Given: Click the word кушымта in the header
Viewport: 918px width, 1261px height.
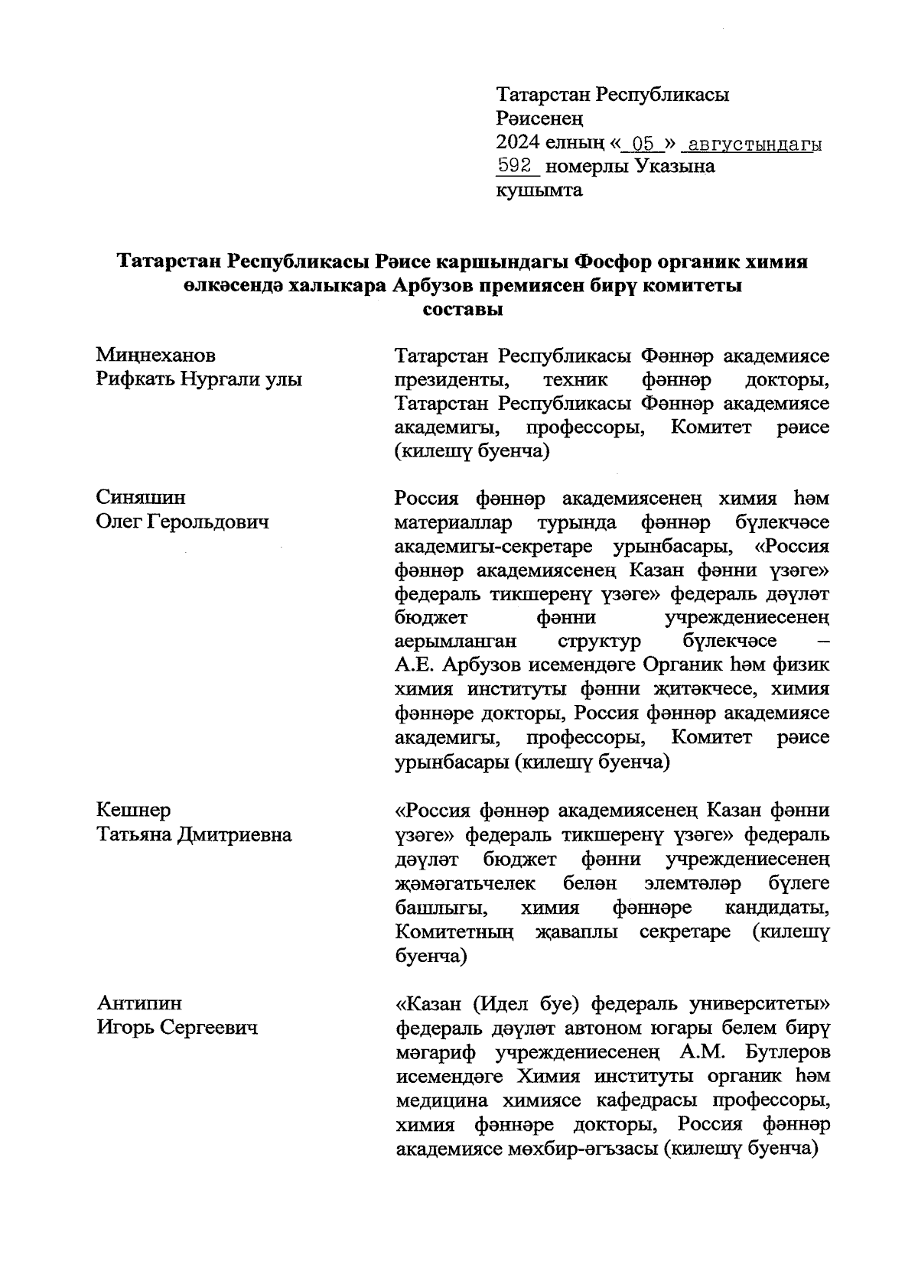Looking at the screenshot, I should coord(539,190).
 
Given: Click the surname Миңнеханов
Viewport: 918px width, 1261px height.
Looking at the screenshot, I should coord(156,356).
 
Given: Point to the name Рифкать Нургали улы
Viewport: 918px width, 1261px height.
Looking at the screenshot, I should coord(199,379).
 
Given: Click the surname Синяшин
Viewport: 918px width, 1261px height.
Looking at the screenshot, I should coord(141,498).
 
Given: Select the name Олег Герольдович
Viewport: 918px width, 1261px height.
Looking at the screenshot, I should coord(182,522).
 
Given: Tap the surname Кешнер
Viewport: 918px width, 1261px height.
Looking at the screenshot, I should coord(134,810).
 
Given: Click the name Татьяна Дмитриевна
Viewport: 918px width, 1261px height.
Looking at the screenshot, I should coord(194,834).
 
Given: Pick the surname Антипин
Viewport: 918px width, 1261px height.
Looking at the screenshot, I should coord(139,1003).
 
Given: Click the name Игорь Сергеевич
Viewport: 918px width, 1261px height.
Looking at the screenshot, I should coord(177,1028).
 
